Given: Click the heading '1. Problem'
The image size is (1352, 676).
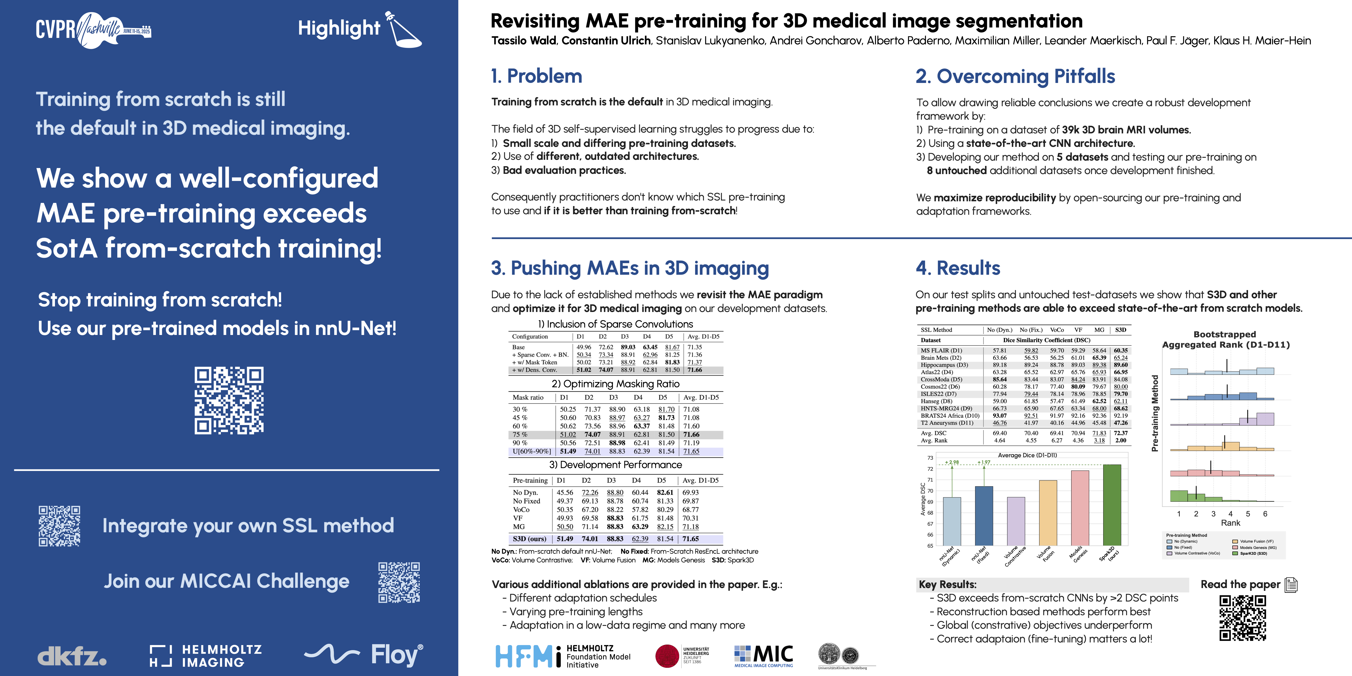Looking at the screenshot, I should click(537, 77).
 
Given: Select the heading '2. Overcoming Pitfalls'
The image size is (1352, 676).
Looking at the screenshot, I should click(1015, 77).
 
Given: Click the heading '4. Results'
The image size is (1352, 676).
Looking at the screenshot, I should click(958, 268).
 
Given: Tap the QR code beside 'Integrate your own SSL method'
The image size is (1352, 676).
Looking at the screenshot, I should click(59, 526).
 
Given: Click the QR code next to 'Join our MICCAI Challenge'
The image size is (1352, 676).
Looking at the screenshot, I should click(399, 582).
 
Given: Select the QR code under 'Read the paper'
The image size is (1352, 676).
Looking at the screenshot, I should click(1242, 618).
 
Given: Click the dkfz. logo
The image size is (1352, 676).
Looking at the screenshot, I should click(72, 656).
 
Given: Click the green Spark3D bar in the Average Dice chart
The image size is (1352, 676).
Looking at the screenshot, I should click(1112, 504).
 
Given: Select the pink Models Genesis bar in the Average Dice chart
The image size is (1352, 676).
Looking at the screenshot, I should click(1080, 507).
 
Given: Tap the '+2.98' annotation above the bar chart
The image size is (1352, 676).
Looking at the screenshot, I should click(952, 462).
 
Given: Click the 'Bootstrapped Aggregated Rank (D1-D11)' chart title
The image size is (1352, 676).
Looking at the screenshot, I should click(1225, 339).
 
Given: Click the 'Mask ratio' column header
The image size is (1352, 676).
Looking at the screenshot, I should click(528, 397).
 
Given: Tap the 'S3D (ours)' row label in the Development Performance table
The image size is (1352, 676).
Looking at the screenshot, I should click(529, 539).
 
